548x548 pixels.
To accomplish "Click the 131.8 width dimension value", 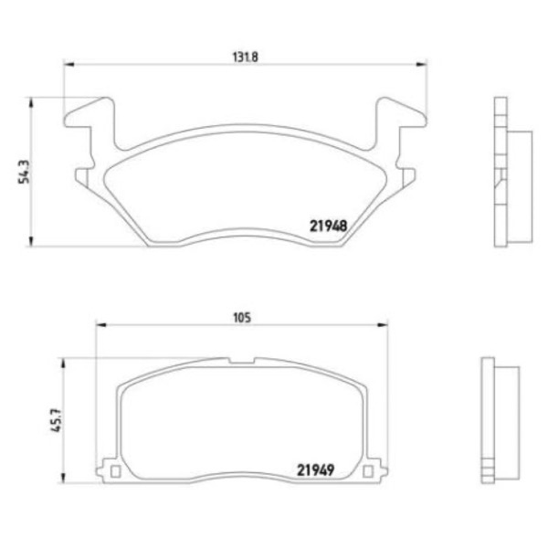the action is tap(246, 57).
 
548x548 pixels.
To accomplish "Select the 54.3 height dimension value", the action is tap(25, 173).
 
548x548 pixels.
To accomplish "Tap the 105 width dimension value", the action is tap(242, 318).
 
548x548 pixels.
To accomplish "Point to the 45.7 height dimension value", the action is tap(57, 420).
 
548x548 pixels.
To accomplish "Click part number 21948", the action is tap(328, 227).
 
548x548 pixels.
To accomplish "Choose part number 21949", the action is tap(315, 470).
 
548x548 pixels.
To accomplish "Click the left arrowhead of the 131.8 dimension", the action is tap(68, 64).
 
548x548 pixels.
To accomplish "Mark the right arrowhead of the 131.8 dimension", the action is tap(421, 64).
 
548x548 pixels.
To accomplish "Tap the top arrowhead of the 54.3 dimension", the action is tap(31, 102).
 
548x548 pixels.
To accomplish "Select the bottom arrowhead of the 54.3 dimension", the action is tap(31, 241).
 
